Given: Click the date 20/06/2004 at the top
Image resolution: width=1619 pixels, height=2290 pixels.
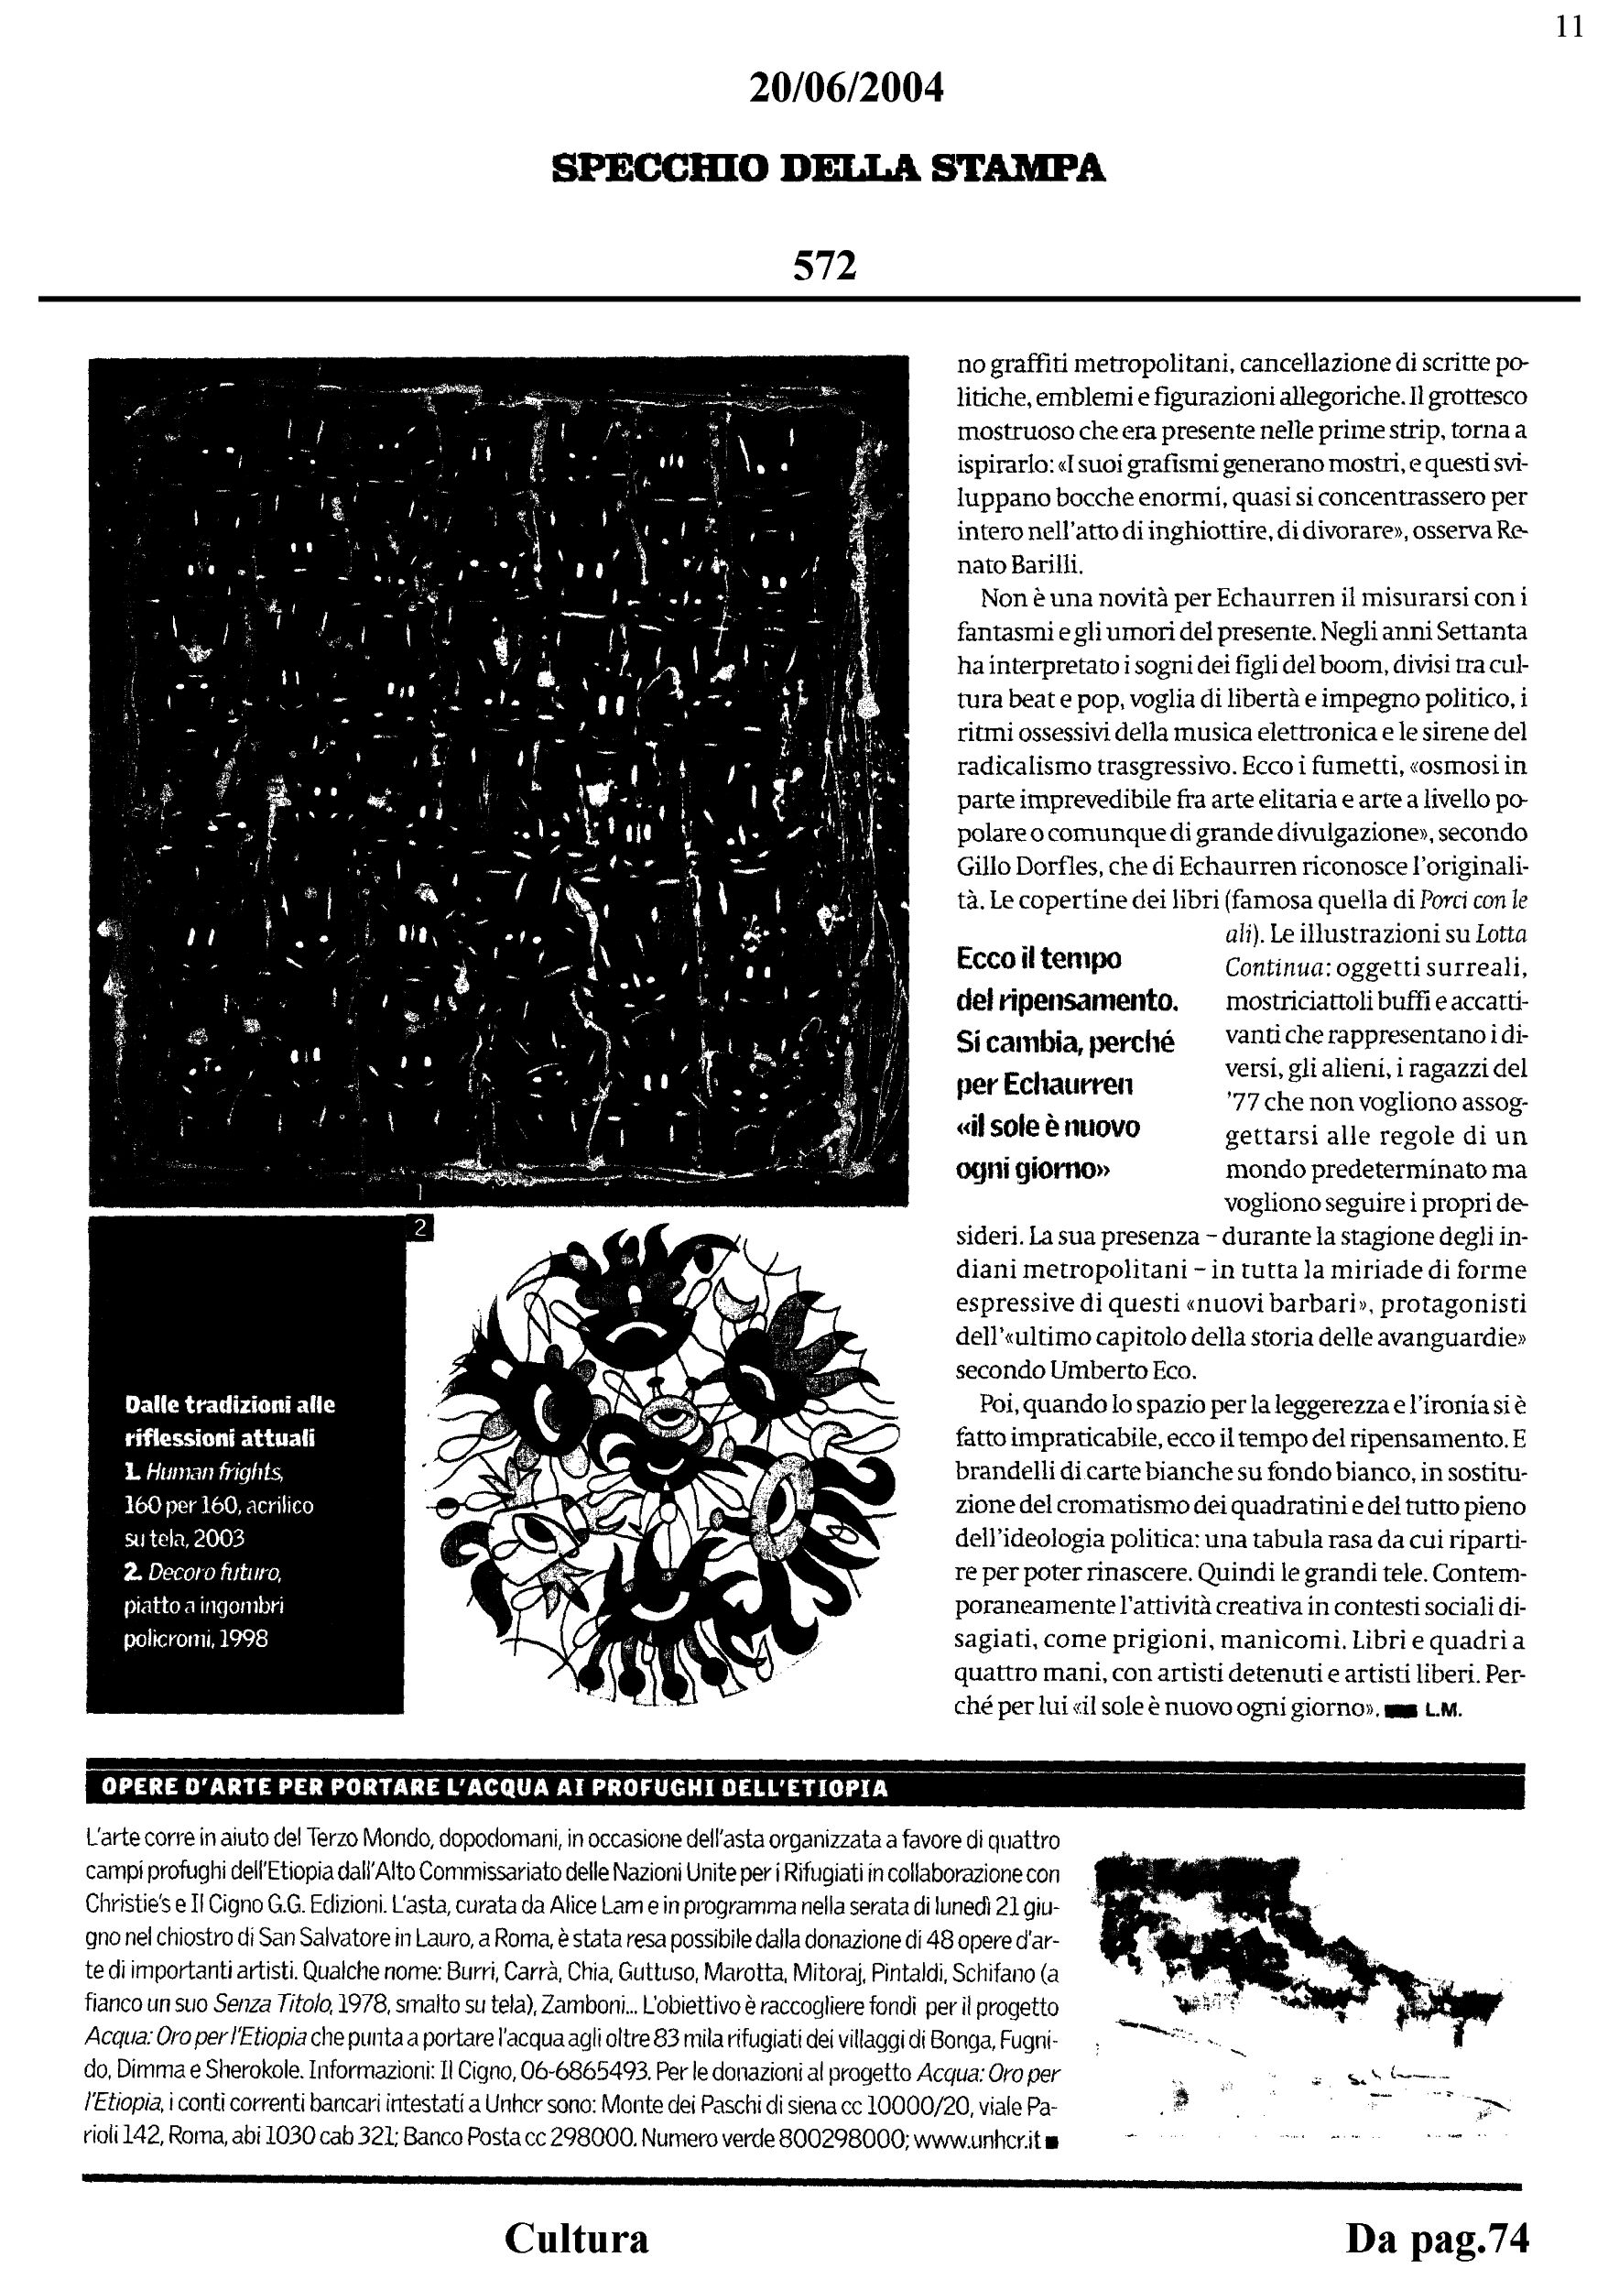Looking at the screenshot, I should (845, 90).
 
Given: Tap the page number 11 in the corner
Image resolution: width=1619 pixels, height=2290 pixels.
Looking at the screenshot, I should (1570, 27).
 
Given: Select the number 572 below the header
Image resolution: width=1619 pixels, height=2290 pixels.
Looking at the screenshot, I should (824, 266).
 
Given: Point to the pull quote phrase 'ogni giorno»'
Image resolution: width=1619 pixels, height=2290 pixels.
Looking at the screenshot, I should (1033, 1169).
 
